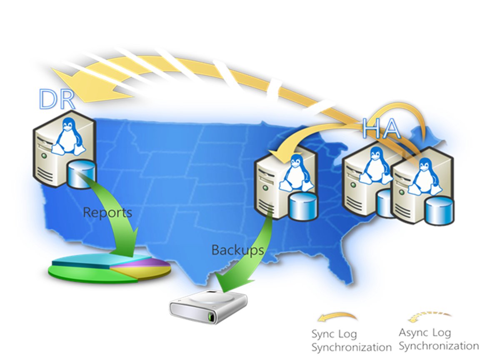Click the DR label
click(57, 99)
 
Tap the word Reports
click(107, 212)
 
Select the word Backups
click(237, 250)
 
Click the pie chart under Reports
click(110, 268)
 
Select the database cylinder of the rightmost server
click(439, 210)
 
